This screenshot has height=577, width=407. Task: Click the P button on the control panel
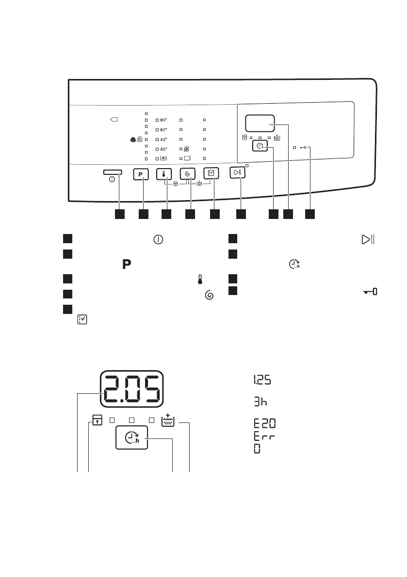coord(141,174)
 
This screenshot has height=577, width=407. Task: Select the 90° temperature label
coord(163,119)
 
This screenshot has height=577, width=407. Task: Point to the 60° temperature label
coord(163,129)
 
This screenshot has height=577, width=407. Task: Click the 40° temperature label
coord(163,139)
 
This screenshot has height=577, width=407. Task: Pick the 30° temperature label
coord(163,149)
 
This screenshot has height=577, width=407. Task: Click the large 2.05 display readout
coord(131,390)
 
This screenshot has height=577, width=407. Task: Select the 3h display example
coord(261,402)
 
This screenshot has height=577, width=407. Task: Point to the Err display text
coord(264,437)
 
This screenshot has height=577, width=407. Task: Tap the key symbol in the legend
coord(371,292)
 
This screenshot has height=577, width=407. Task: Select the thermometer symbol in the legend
coord(199,279)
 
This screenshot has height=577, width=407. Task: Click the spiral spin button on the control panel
coord(187,174)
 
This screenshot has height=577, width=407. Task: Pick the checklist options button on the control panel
coord(210,173)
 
